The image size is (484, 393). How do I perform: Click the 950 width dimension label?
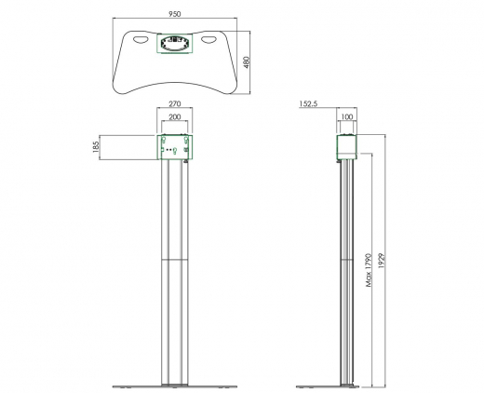click(174, 14)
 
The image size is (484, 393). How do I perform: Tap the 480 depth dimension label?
click(246, 62)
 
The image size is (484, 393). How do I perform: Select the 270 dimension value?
click(174, 103)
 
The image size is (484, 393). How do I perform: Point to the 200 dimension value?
click(174, 117)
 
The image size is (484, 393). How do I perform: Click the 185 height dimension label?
click(96, 147)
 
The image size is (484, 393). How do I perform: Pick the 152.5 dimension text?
click(308, 103)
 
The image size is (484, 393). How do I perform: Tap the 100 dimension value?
click(347, 117)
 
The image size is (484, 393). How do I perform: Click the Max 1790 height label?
click(369, 270)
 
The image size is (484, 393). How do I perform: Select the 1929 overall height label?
click(382, 261)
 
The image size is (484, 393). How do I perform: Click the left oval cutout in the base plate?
click(141, 40)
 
